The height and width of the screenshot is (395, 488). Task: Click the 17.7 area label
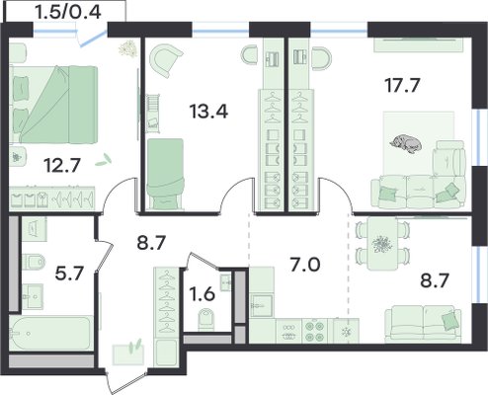coord(402,86)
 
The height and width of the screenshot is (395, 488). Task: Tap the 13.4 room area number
coord(208,111)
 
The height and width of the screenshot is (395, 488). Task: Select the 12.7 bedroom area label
coord(62,165)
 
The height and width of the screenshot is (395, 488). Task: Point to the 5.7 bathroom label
coord(70,274)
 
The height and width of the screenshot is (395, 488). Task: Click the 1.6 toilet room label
coord(203,293)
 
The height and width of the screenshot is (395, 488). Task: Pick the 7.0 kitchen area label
coord(304,266)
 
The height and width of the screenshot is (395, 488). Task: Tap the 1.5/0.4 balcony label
coord(67,13)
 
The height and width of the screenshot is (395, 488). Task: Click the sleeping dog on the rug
coord(406,143)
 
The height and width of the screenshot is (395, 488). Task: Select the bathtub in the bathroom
coord(49,333)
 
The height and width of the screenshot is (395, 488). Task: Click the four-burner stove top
coord(315,331)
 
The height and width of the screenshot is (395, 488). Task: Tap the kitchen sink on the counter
coord(262,305)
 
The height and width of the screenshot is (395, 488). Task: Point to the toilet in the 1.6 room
coord(206,319)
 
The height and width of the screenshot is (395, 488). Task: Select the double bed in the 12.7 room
coord(53,105)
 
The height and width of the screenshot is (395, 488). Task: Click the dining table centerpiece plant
coord(382,245)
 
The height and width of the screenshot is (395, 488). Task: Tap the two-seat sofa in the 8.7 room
coord(423,322)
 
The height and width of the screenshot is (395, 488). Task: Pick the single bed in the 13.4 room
coord(165,174)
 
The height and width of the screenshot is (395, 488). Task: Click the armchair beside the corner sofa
coord(448,160)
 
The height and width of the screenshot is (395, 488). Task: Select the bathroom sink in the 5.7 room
coord(33,296)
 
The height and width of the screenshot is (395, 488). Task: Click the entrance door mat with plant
coord(128,354)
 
